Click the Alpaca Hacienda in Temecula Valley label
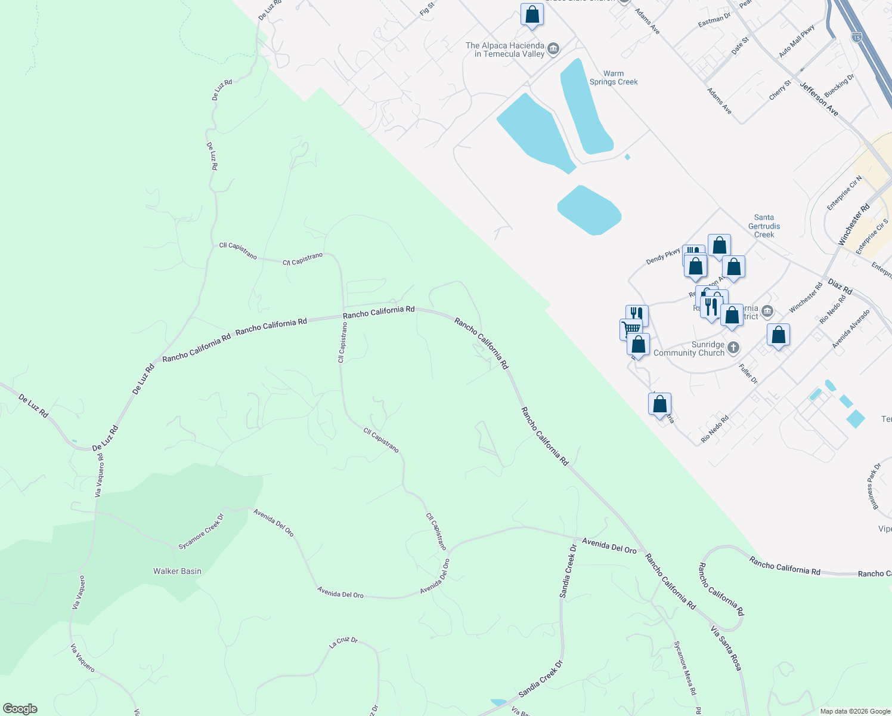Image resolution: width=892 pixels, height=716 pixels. (505, 50)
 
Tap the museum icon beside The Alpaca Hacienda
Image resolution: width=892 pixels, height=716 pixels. (553, 48)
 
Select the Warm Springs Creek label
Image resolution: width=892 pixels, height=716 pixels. (614, 78)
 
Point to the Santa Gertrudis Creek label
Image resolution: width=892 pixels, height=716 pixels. (764, 226)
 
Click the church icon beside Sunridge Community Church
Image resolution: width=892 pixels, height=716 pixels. (733, 347)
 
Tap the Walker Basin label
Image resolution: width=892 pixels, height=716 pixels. (177, 571)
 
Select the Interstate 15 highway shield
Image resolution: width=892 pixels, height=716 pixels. (857, 36)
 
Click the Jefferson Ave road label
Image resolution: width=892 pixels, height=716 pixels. (819, 100)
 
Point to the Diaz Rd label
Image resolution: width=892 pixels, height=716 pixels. (840, 287)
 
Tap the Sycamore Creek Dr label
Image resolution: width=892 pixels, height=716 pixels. (201, 532)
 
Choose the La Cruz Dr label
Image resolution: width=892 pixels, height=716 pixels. (343, 643)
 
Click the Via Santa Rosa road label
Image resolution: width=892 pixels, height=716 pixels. (726, 647)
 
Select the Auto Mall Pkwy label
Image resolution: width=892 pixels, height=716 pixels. (797, 42)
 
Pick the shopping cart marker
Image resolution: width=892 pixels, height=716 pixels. (630, 328)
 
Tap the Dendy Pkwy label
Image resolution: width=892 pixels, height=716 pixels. (663, 257)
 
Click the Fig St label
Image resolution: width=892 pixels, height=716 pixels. (427, 9)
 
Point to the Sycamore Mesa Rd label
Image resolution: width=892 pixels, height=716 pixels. (685, 668)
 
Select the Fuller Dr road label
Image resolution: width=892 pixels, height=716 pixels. (748, 374)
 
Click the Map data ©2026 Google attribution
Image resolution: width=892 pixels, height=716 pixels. (854, 711)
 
